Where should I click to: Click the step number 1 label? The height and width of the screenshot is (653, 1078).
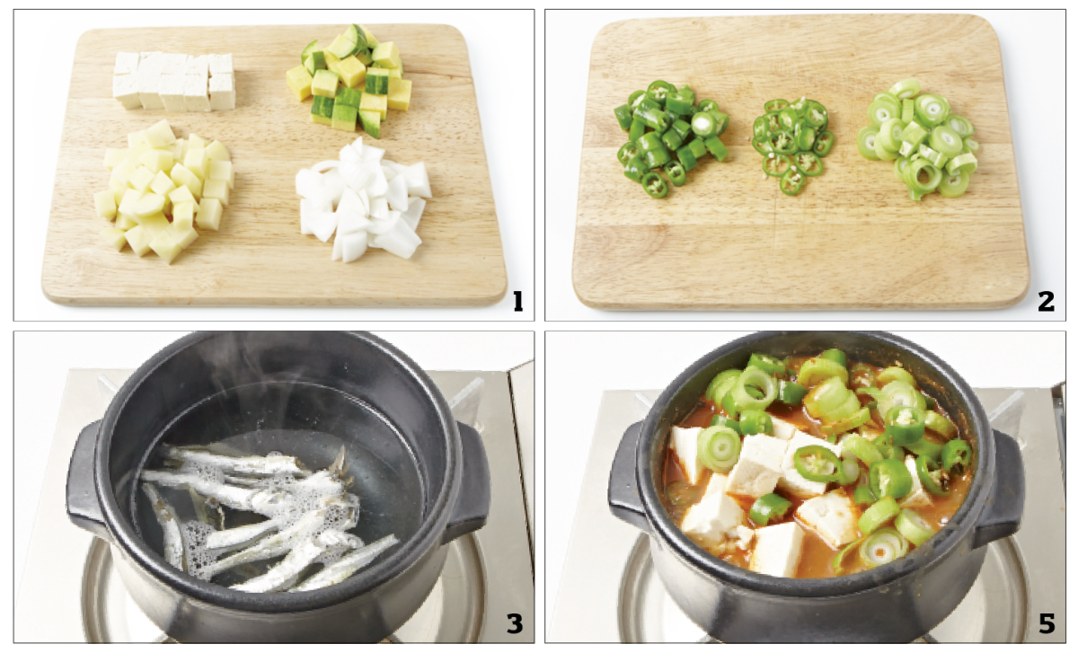click(517, 301)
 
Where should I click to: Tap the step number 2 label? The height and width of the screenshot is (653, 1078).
click(1046, 301)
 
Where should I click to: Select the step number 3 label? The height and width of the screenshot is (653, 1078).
click(514, 623)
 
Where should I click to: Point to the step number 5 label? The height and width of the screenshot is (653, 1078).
click(1047, 623)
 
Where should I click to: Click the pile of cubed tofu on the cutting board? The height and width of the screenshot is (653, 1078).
click(173, 81)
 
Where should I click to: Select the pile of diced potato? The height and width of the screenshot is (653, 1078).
click(163, 190)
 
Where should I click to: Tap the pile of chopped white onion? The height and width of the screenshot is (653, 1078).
click(363, 199)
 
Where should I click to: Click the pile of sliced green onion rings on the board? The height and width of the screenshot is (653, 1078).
click(918, 139)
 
